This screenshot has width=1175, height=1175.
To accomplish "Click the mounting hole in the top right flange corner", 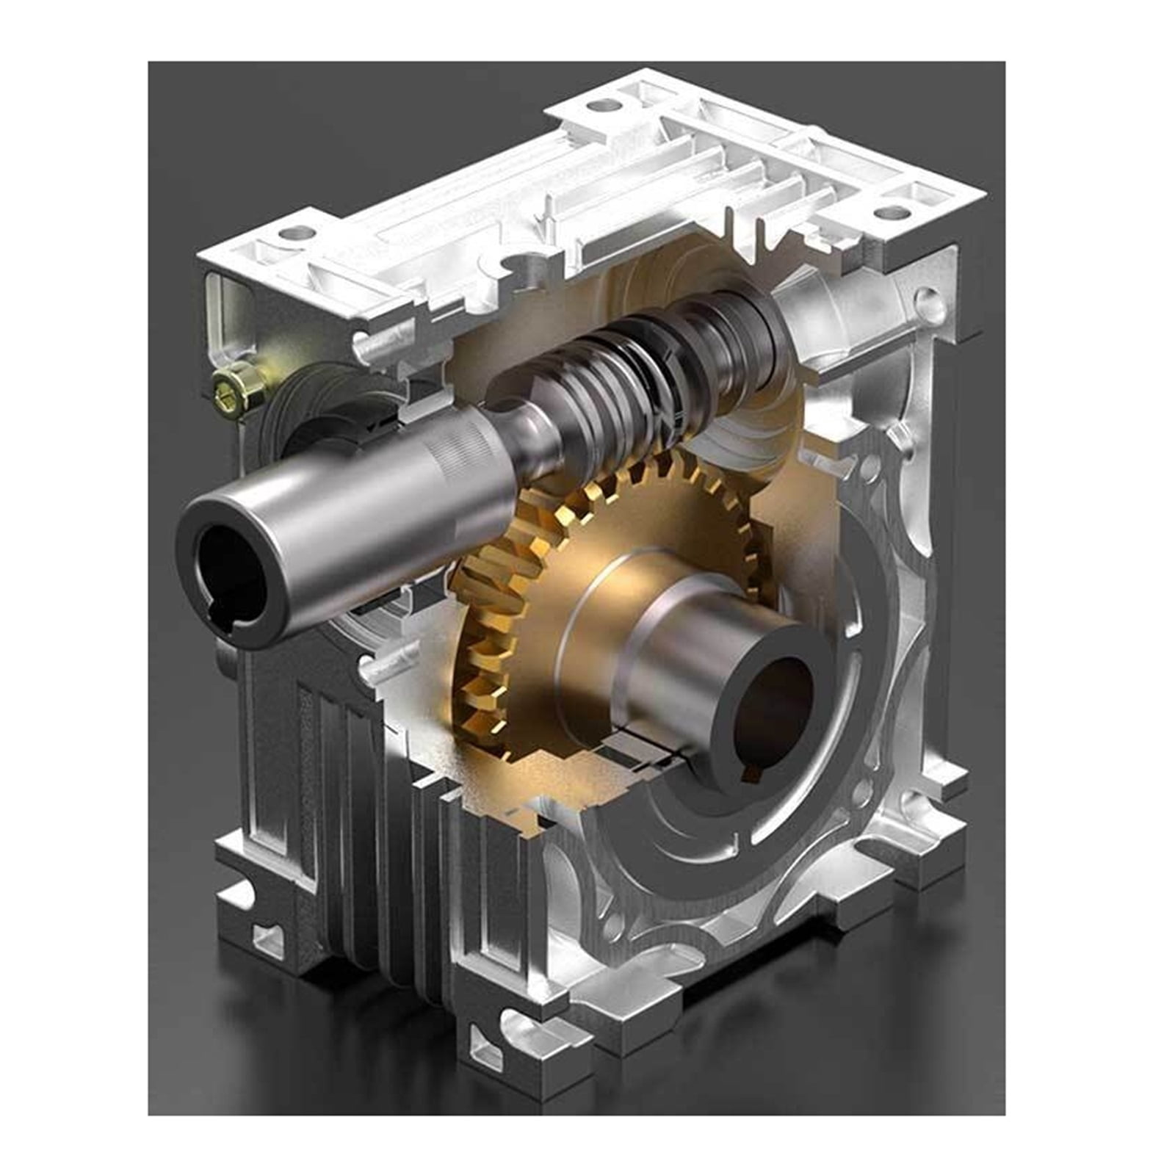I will (x=890, y=212).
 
